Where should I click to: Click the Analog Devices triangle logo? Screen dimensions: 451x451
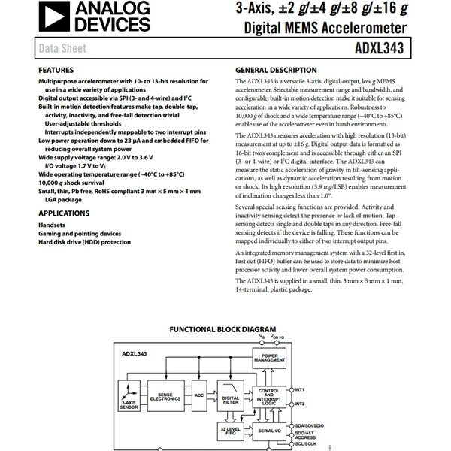[x=54, y=16]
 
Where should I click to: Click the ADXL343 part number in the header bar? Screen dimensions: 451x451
[x=379, y=48]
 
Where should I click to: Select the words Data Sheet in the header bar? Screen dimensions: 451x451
[x=62, y=48]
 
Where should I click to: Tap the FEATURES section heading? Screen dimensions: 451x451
[x=56, y=70]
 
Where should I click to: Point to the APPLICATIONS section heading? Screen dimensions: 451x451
[x=64, y=213]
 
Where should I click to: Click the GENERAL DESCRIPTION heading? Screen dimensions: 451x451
[x=276, y=70]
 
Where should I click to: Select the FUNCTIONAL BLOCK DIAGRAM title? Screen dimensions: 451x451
[x=222, y=329]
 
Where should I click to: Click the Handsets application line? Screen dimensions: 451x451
[x=52, y=225]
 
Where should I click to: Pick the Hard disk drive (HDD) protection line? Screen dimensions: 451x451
[x=84, y=242]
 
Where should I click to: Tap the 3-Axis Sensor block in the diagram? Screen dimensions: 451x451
[x=129, y=396]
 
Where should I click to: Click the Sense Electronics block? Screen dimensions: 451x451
[x=165, y=396]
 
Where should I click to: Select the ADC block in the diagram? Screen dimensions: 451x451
[x=199, y=396]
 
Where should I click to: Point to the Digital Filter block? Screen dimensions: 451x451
[x=231, y=396]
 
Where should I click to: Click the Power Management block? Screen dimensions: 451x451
[x=269, y=358]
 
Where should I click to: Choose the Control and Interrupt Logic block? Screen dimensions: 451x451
[x=269, y=397]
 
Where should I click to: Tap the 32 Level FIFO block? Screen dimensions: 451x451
[x=231, y=431]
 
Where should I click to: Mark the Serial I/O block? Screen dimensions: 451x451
[x=269, y=431]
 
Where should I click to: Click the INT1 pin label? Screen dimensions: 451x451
[x=299, y=389]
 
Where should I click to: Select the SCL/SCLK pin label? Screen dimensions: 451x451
[x=305, y=443]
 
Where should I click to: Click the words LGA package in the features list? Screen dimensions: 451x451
[x=63, y=200]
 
